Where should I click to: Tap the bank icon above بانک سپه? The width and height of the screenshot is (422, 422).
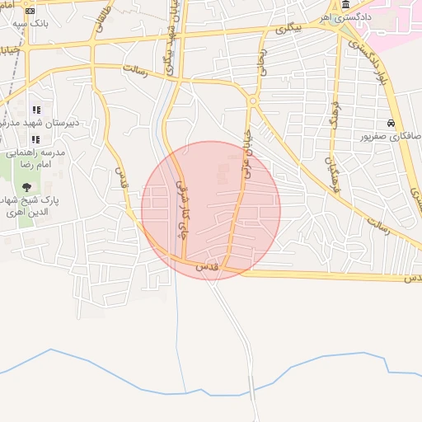click(30, 12)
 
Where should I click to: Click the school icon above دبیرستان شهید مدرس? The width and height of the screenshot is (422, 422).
click(35, 110)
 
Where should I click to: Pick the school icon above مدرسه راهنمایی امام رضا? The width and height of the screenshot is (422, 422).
click(35, 138)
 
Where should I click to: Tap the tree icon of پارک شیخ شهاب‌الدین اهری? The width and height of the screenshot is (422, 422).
click(37, 185)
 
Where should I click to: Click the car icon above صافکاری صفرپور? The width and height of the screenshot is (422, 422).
click(390, 122)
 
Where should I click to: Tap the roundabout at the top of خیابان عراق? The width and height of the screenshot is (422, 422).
click(252, 101)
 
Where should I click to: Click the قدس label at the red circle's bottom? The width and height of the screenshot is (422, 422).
click(205, 267)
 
